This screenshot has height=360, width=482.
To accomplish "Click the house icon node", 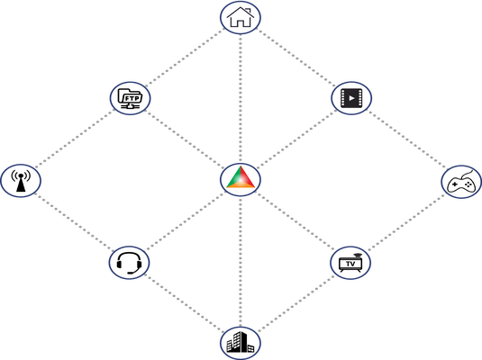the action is coord(241,17).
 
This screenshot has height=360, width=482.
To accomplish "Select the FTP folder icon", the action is coord(130,98).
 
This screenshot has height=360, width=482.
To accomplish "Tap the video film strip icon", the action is coord(351,98).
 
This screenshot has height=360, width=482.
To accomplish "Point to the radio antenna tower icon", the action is coord(21,180).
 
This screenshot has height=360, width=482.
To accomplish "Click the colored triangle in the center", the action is coord(241,177).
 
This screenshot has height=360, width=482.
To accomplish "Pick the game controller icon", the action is coord(461,182).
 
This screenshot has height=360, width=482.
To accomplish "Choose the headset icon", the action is coord(129,263).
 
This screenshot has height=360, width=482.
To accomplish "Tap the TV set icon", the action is coord(350,263).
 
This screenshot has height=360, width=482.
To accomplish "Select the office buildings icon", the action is coord(241,343).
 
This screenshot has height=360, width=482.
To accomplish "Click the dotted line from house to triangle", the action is coord(241,98).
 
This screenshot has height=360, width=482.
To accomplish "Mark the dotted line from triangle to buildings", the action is coord(241,261).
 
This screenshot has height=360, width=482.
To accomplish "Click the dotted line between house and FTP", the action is coord(185,58).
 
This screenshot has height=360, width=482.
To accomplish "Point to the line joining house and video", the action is coord(296,58).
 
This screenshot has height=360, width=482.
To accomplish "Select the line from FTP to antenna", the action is coord(75,139).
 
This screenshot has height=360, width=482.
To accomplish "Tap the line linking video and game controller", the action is coord(406,139).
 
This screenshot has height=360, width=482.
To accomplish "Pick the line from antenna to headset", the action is coord(74,221).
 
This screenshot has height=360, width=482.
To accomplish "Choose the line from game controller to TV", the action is coord(406,221).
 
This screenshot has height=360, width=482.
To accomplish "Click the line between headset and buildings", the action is coord(185,304).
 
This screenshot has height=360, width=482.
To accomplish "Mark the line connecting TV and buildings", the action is coord(296,303).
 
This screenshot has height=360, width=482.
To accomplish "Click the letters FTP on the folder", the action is coord(132,99).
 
